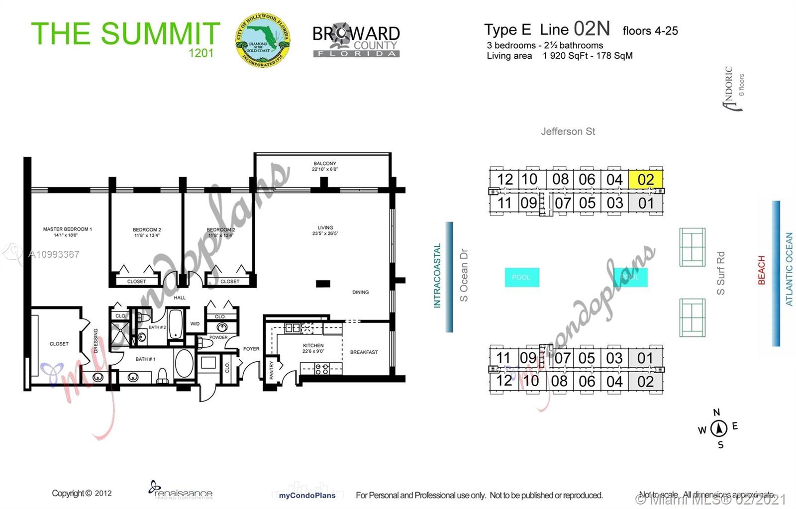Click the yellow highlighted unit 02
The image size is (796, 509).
645,180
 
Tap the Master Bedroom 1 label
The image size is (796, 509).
67,229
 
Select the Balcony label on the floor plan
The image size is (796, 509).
324,164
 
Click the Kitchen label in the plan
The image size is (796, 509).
313,345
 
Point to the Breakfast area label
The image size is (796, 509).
364,352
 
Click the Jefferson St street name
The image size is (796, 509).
568,131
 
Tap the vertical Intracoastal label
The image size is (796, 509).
437,276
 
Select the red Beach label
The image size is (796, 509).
761,270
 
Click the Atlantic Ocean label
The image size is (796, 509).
789,269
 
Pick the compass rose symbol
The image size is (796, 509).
718,428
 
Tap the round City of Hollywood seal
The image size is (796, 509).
262,40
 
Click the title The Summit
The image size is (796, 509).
125,34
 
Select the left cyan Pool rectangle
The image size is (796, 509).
521,277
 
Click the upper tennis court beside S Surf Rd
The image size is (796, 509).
692,247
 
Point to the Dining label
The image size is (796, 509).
360,292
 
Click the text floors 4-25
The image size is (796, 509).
650,31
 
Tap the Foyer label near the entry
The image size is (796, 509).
251,349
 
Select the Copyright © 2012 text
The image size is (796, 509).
82,493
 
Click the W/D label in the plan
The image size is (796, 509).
195,324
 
